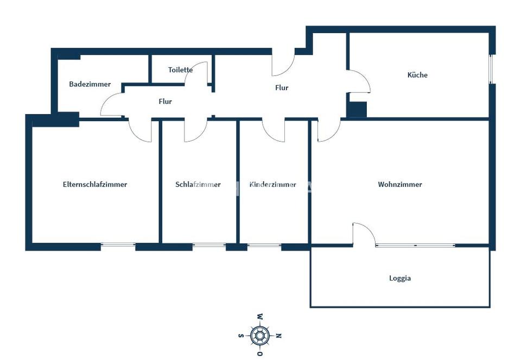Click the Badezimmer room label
[90, 84]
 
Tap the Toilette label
[180, 70]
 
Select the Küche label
[417, 75]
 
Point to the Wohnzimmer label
[400, 184]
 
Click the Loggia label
[400, 278]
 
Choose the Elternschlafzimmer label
[95, 184]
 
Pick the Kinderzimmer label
[273, 184]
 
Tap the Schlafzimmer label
[198, 184]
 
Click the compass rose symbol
[260, 336]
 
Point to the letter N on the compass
[279, 336]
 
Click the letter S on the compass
[241, 336]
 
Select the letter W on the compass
[260, 317]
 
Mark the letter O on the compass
[260, 353]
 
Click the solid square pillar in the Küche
[357, 109]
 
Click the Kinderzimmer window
[264, 245]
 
